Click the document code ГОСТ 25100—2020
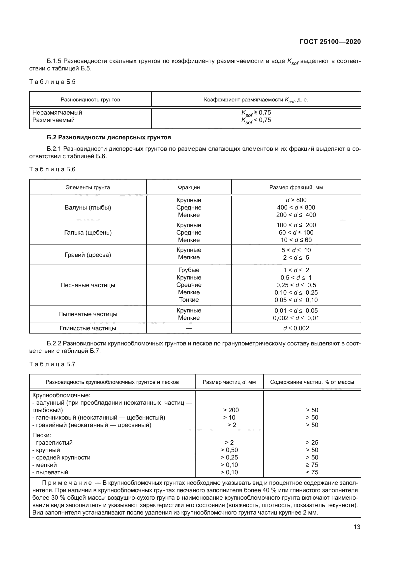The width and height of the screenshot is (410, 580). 330,42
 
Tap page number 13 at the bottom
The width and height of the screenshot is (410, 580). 357,527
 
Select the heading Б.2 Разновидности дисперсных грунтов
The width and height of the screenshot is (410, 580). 109,137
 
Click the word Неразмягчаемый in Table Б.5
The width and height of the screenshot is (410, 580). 57,112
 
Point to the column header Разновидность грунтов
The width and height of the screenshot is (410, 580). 90,100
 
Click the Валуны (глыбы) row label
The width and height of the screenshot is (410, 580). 88,208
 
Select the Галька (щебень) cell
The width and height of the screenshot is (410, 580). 88,232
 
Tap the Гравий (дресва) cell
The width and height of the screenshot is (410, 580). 88,255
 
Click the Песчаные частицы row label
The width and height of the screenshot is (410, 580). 88,285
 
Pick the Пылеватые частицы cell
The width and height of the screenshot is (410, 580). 88,314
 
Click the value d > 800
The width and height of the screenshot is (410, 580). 296,200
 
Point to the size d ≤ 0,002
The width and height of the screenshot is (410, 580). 296,328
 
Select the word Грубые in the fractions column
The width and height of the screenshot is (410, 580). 189,270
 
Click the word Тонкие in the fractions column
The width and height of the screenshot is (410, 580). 189,300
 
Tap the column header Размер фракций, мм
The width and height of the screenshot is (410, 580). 296,187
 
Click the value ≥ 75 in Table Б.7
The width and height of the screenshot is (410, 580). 312,465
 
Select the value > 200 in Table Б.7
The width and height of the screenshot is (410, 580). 231,410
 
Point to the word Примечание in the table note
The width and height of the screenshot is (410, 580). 67,483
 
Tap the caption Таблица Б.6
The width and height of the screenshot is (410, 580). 52,169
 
